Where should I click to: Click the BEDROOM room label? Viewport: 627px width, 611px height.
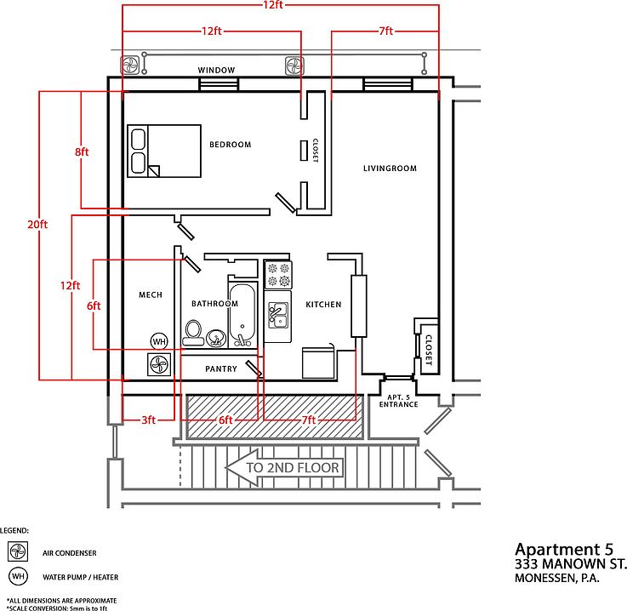(231, 145)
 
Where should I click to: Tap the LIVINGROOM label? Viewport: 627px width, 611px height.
(390, 168)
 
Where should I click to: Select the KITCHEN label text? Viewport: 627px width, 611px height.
(323, 305)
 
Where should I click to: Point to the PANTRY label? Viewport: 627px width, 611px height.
(221, 368)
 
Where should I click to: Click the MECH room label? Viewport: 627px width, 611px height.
(151, 294)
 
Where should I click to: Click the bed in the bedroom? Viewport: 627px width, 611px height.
(164, 151)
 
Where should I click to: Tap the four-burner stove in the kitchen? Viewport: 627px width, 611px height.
(278, 274)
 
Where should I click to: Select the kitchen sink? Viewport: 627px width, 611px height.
(278, 316)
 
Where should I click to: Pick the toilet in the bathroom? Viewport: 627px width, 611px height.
(193, 333)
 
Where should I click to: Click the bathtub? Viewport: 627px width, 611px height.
(242, 315)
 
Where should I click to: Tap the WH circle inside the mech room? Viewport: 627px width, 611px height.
(159, 341)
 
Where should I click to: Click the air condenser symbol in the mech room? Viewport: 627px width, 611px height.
(159, 364)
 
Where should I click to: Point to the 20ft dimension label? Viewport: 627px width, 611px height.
(37, 225)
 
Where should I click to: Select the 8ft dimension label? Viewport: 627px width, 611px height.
(82, 152)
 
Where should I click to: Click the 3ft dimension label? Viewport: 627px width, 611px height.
(148, 420)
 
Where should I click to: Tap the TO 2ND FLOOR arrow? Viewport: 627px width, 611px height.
(284, 467)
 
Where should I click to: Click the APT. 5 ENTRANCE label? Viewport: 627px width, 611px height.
(399, 401)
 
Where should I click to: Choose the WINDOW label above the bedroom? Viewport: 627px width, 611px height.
(216, 71)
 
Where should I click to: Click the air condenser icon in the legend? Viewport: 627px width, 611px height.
(18, 551)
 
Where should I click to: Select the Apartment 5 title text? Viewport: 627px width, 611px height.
(564, 550)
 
